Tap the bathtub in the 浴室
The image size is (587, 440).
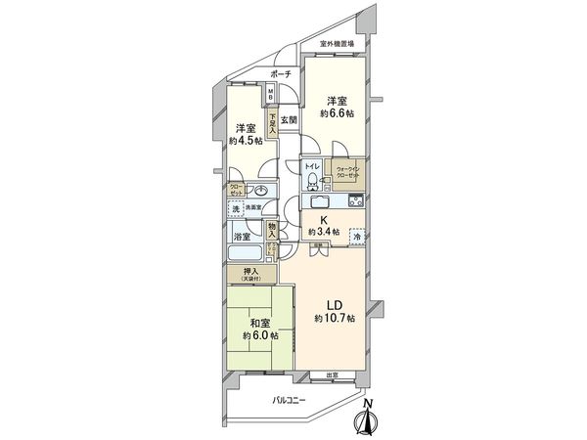pos(245,253)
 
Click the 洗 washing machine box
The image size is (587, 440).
pos(236,208)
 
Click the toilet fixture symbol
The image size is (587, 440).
pos(310,180)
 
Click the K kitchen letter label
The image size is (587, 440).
pos(322,219)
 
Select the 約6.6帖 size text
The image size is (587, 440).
pos(338,114)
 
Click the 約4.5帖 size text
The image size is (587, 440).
pos(245,141)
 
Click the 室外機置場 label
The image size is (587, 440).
pos(339,44)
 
